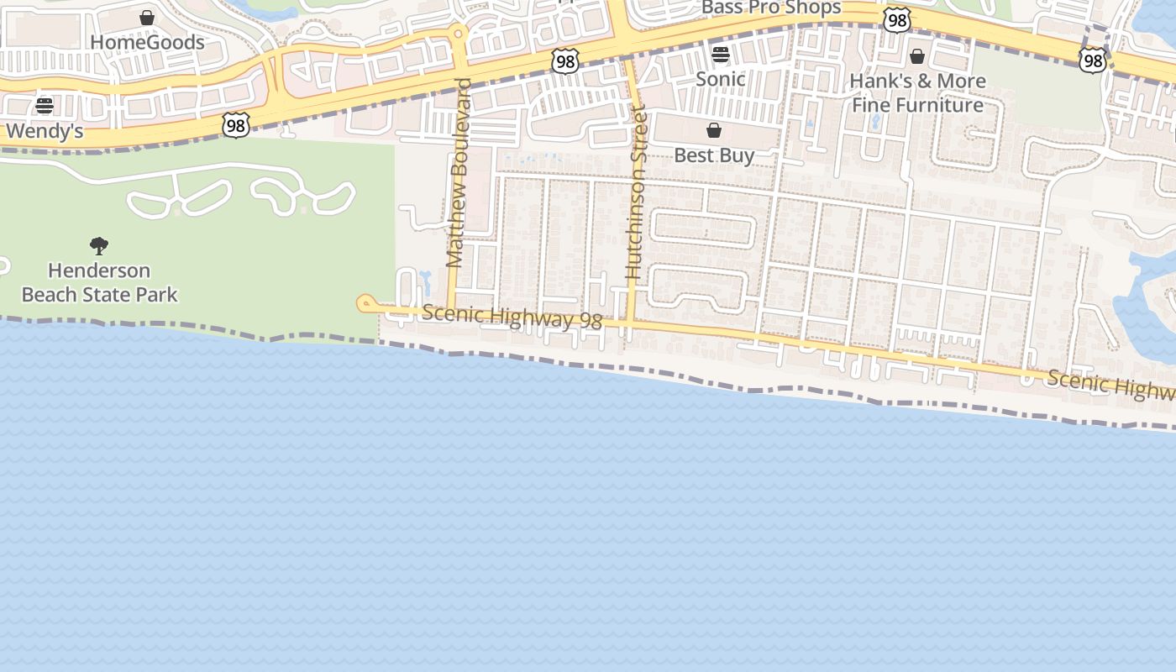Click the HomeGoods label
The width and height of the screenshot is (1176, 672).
pyautogui.click(x=147, y=42)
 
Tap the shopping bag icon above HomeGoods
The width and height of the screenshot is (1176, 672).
pyautogui.click(x=147, y=18)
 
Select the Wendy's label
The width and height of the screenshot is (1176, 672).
pyautogui.click(x=45, y=131)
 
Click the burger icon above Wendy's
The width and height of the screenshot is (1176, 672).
pyautogui.click(x=45, y=106)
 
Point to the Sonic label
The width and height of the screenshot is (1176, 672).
pyautogui.click(x=721, y=79)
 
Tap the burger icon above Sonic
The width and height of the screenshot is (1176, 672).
pyautogui.click(x=721, y=55)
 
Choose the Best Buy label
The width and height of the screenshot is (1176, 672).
pyautogui.click(x=714, y=155)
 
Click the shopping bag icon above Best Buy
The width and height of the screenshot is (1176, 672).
pyautogui.click(x=714, y=130)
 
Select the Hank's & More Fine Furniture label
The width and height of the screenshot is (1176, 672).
pyautogui.click(x=918, y=92)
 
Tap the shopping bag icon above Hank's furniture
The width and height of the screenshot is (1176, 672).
pyautogui.click(x=917, y=56)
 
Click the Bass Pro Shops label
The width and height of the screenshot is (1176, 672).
pyautogui.click(x=771, y=8)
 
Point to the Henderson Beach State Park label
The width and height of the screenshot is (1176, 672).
pyautogui.click(x=99, y=282)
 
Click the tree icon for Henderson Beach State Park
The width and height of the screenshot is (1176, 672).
pyautogui.click(x=99, y=246)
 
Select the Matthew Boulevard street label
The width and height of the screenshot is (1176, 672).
pyautogui.click(x=459, y=172)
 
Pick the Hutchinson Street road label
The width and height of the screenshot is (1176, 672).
pyautogui.click(x=637, y=192)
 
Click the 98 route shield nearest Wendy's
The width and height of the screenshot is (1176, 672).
pyautogui.click(x=236, y=126)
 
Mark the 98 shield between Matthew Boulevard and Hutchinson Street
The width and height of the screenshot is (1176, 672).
pyautogui.click(x=565, y=60)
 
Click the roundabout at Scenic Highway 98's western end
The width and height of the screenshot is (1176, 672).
pyautogui.click(x=365, y=303)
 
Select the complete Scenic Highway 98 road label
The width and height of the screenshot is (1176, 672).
pyautogui.click(x=512, y=317)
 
